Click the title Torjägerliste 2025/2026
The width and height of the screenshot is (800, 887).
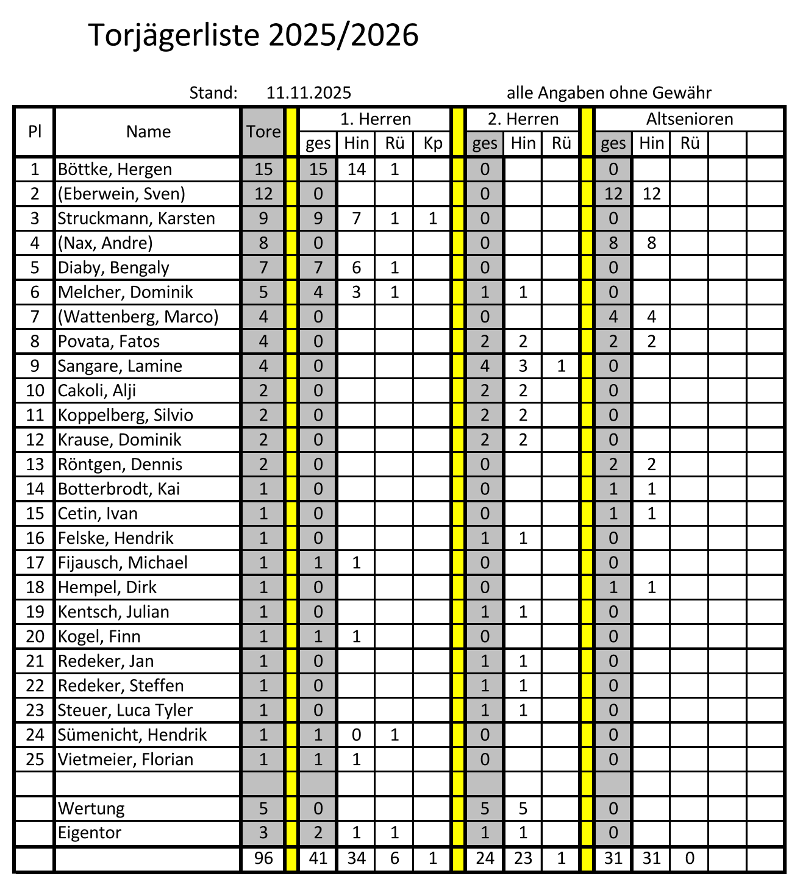coord(254,35)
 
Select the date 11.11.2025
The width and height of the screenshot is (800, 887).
coord(309,93)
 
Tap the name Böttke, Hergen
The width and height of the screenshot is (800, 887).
coord(115,169)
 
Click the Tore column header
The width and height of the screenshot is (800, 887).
coord(263,132)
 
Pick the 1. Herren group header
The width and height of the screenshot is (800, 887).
coord(376,119)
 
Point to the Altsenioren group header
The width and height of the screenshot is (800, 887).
coord(690,119)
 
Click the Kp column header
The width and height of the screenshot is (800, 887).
coord(432,144)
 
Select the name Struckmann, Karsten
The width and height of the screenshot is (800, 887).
coord(136,218)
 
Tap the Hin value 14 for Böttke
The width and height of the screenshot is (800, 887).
coord(356,169)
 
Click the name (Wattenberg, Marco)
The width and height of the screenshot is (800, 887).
coord(138,316)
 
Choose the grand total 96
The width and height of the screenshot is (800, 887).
coord(263,858)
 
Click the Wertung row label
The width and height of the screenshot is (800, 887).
coord(91,808)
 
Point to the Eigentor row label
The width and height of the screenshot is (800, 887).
coord(89,833)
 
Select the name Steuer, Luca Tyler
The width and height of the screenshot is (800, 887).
coord(125,710)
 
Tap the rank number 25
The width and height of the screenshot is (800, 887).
coord(35,759)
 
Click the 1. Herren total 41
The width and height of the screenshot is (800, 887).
coord(318,858)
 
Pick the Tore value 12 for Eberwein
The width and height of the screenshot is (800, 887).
coord(263,194)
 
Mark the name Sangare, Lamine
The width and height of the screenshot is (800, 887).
coord(120,366)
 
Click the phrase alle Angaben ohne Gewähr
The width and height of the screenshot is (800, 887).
coord(609,93)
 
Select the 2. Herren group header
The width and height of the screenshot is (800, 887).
coord(523,119)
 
